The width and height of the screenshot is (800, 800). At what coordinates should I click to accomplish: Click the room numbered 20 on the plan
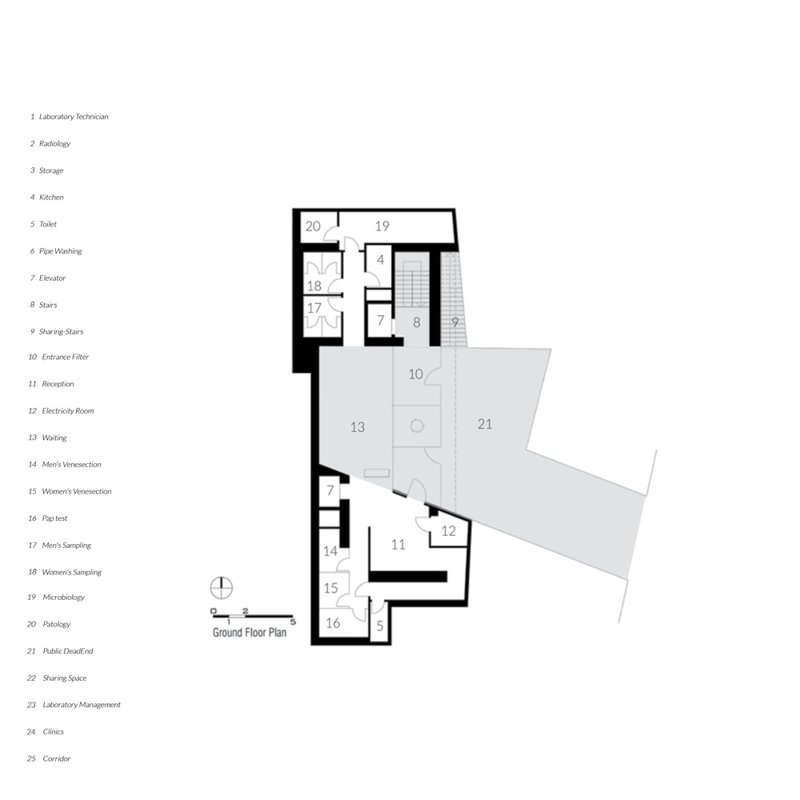(313, 226)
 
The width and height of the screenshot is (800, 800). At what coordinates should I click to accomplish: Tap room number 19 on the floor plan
(382, 226)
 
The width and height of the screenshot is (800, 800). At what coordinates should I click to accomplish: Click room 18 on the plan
(314, 286)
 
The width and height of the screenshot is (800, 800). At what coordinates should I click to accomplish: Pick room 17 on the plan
(314, 308)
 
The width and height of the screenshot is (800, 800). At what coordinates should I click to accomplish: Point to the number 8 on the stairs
(417, 322)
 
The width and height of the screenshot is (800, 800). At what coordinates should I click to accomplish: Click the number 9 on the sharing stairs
(454, 322)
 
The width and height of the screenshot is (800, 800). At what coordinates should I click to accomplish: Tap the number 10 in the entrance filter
(415, 374)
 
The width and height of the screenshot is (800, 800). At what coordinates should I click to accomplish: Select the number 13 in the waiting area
(357, 427)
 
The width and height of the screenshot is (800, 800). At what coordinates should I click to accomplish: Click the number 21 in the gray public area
(485, 424)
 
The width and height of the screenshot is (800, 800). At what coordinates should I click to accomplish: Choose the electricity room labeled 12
(449, 531)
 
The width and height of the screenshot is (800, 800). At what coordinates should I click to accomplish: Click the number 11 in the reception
(398, 545)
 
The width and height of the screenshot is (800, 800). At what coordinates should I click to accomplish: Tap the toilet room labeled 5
(379, 626)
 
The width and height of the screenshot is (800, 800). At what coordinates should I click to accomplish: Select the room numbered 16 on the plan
(333, 623)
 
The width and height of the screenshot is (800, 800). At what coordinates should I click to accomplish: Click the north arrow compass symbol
(222, 588)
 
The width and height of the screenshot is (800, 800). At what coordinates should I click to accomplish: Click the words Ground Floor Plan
(250, 633)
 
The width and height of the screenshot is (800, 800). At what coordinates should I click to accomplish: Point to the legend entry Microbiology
(64, 598)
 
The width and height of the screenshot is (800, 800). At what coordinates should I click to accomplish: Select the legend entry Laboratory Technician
(74, 117)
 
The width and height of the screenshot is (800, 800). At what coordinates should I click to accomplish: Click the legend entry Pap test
(54, 518)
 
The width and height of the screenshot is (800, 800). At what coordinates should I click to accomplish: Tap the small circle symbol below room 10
(417, 426)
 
